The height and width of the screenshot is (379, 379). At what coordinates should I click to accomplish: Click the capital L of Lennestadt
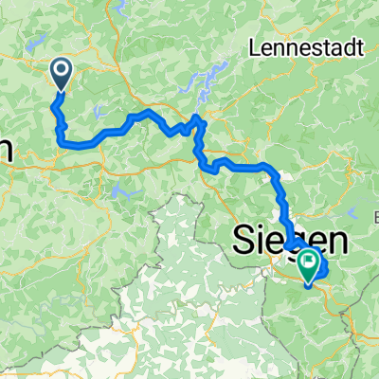(x=252, y=45)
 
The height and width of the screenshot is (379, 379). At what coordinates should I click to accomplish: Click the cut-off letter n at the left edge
(x=5, y=149)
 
